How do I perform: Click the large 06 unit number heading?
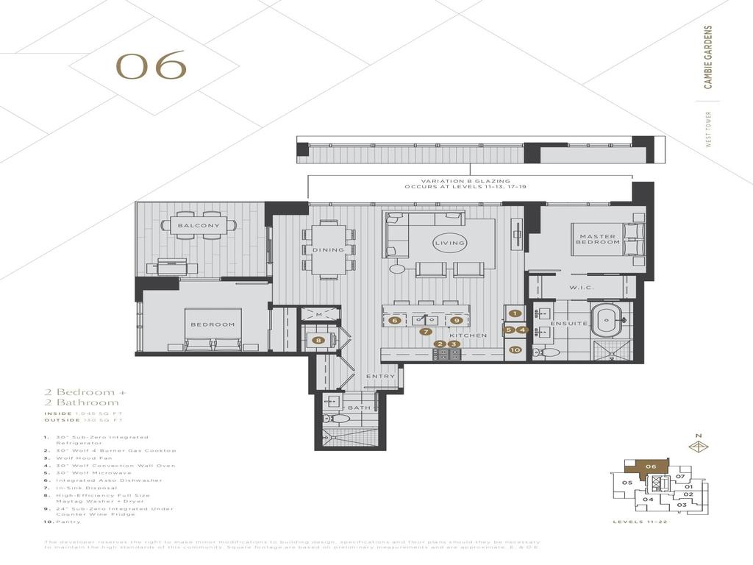tap(151, 67)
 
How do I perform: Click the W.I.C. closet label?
tap(581, 288)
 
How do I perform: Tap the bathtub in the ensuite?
tap(608, 321)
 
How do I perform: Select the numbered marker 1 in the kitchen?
tap(515, 314)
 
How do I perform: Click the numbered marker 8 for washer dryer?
tap(318, 340)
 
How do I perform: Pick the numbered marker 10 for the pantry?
tap(515, 350)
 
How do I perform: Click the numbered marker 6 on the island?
tap(395, 320)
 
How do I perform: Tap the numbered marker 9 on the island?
tap(457, 320)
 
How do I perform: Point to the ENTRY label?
tap(381, 377)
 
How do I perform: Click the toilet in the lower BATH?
tap(340, 419)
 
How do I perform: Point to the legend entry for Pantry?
tap(68, 522)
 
